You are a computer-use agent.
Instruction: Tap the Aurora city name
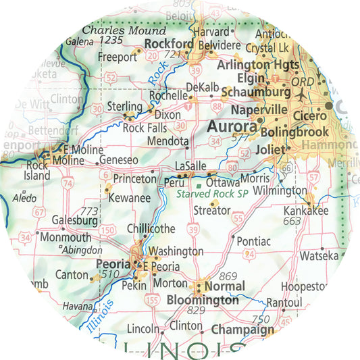(231, 126)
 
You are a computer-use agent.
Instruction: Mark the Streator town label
(212, 211)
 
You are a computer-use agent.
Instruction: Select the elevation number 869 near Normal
(228, 276)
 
